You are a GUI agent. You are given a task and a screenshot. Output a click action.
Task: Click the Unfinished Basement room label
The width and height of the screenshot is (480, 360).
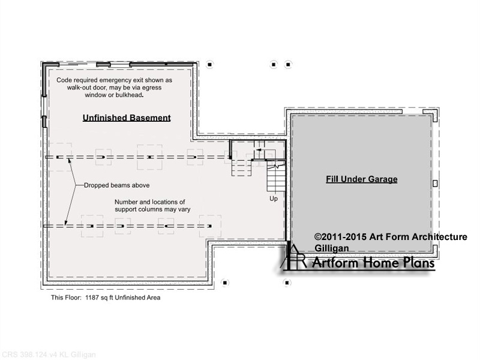127,118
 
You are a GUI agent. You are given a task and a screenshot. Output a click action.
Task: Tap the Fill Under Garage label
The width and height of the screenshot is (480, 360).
362,179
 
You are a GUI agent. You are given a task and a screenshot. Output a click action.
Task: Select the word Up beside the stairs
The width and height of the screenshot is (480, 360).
274,199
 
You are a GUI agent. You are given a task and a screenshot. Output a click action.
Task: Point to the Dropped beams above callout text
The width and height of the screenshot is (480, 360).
116,185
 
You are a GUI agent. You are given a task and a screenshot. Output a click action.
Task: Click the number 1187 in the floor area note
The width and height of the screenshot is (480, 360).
92,298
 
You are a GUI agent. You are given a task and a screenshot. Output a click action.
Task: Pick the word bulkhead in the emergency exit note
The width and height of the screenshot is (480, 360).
128,95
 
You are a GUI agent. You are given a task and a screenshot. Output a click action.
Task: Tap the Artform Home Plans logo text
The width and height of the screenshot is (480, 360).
373,263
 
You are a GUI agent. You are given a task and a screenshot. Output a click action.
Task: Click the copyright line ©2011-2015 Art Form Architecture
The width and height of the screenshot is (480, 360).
391,236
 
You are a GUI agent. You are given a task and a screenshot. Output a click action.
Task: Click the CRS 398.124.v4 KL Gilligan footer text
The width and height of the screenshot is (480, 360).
48,355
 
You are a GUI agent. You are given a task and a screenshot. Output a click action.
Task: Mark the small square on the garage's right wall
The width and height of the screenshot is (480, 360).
435,184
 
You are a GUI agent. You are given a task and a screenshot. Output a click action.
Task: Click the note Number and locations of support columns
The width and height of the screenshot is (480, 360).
152,206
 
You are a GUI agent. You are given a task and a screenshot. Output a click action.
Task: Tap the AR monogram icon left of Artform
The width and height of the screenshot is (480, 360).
294,257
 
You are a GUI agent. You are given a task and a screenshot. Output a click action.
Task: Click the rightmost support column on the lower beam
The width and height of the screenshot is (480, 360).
209,226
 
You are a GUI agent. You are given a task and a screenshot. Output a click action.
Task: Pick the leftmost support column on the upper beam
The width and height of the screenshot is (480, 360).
58,157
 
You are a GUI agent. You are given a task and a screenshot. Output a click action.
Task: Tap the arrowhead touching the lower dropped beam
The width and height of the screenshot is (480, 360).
65,223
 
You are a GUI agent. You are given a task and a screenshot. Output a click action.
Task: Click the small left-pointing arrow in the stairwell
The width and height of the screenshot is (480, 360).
259,150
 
